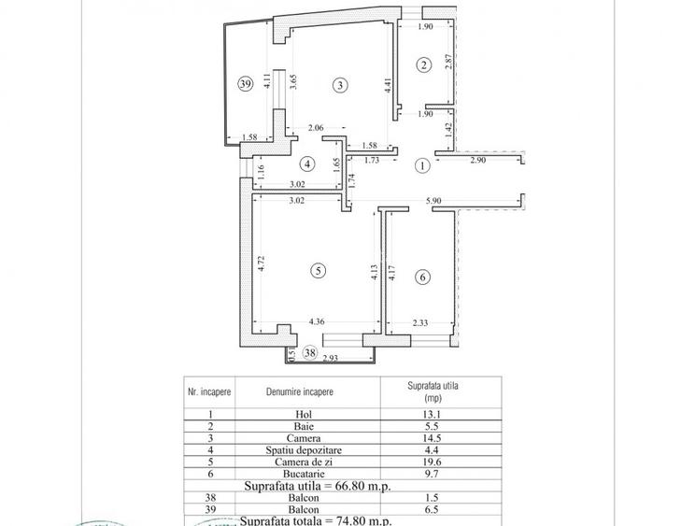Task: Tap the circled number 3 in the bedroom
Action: coord(341,84)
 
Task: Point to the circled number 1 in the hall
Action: coord(421,165)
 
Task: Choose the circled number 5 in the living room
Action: coord(319,270)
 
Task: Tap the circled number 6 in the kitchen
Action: coord(422,277)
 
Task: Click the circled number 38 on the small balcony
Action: coord(310,353)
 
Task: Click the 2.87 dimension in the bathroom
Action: coord(449,64)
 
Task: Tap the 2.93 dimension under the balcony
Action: coord(330,359)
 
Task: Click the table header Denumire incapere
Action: coord(300,392)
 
